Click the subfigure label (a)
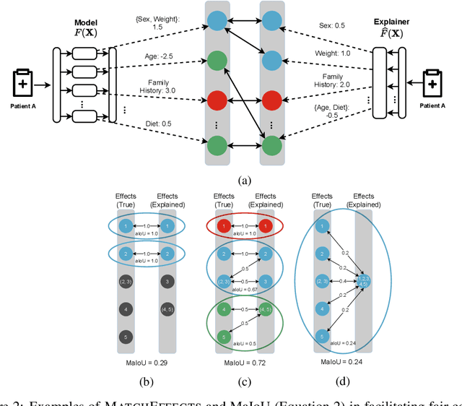click(239, 181)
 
